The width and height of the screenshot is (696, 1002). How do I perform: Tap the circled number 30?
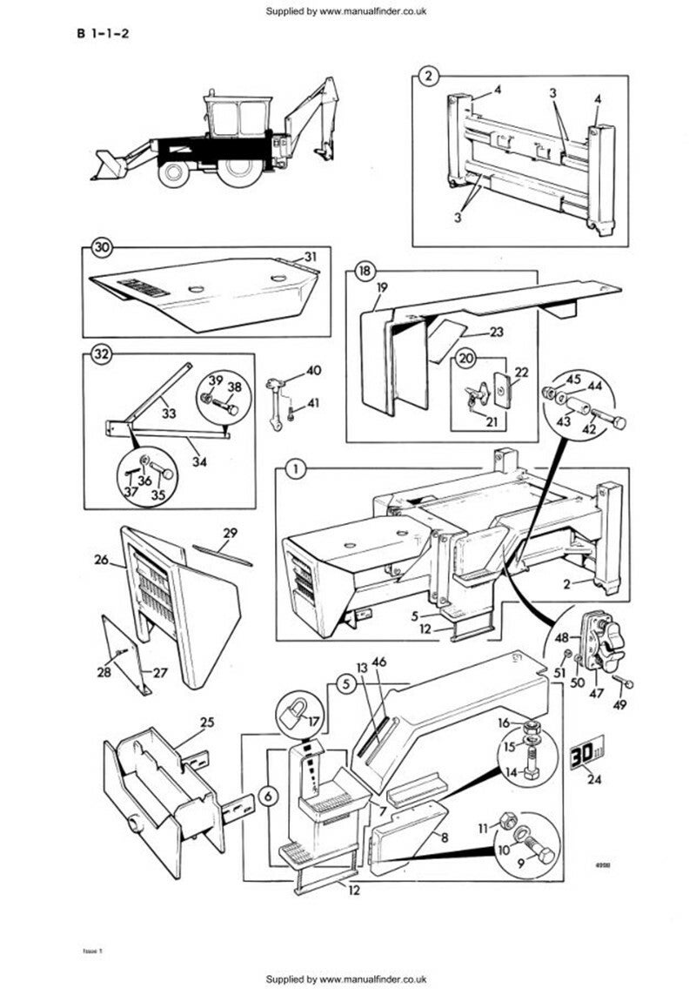103,249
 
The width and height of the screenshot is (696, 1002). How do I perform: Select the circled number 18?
364,272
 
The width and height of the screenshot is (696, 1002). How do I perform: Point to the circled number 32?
102,355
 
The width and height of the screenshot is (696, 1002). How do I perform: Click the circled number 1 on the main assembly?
295,470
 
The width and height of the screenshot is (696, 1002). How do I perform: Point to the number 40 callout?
314,370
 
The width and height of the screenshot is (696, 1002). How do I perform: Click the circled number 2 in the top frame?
427,77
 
